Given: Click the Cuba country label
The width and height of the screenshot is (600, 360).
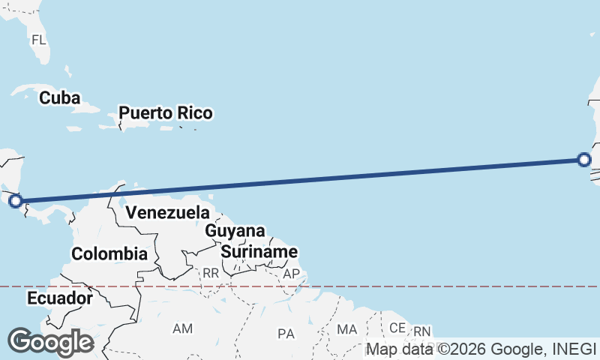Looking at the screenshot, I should [60, 97].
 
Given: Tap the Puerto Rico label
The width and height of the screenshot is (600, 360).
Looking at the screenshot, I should [165, 113].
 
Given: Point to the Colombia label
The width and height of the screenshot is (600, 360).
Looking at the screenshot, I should [109, 253].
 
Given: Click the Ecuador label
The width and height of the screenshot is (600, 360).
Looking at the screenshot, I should [60, 298].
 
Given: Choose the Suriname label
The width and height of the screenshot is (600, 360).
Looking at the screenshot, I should [259, 252].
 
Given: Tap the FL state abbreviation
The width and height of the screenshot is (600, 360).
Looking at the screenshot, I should [39, 39].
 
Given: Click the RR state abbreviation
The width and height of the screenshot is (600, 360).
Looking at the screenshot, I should [210, 274].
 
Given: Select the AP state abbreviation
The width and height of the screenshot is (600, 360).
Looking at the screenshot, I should [291, 274].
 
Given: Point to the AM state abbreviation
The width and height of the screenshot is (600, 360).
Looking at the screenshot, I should [182, 328].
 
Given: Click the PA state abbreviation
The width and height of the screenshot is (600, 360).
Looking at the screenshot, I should [286, 333].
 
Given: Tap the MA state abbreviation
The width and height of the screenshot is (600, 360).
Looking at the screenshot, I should [346, 329].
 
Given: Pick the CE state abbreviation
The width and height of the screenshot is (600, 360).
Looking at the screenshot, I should [397, 328].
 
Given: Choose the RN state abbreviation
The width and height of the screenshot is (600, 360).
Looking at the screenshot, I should [422, 331].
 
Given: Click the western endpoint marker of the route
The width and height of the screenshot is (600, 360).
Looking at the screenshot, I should [15, 200].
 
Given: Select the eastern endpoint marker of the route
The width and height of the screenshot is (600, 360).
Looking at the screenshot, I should [584, 159].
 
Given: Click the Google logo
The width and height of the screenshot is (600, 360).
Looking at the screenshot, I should [50, 342].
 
